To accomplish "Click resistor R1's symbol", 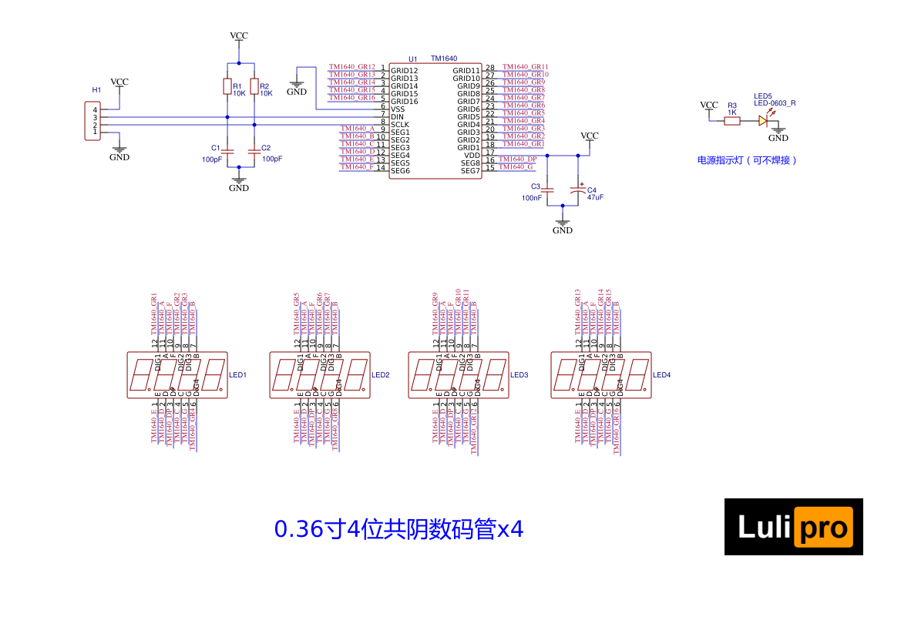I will pyautogui.click(x=227, y=86).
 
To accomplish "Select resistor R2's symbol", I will pyautogui.click(x=254, y=86).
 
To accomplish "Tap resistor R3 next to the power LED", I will pyautogui.click(x=732, y=121).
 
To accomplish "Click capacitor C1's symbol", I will pyautogui.click(x=227, y=149).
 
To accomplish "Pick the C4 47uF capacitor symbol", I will pyautogui.click(x=577, y=189).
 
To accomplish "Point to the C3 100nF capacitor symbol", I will pyautogui.click(x=547, y=189).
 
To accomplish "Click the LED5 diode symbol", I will pyautogui.click(x=763, y=121).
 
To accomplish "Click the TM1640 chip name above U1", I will pyautogui.click(x=444, y=59).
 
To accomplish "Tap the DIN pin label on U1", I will pyautogui.click(x=398, y=117).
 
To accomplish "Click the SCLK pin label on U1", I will pyautogui.click(x=400, y=125).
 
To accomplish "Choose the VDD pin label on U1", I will pyautogui.click(x=472, y=156).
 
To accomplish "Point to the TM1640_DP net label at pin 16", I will pyautogui.click(x=517, y=159).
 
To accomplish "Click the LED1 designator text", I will pyautogui.click(x=237, y=375).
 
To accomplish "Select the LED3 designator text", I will pyautogui.click(x=519, y=375).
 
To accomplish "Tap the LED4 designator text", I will pyautogui.click(x=662, y=375).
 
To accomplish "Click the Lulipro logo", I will pyautogui.click(x=793, y=527).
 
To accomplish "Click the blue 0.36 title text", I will pyautogui.click(x=398, y=530).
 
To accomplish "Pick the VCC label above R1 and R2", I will pyautogui.click(x=239, y=36).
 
